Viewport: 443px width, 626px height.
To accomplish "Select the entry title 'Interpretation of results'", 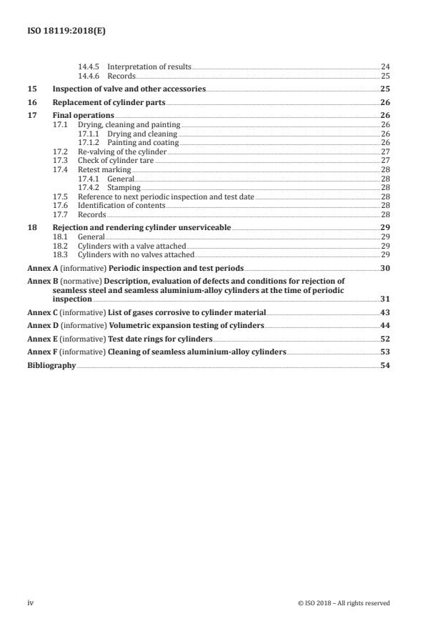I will click(149, 66).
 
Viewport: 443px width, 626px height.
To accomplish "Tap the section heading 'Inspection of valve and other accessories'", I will click(129, 89).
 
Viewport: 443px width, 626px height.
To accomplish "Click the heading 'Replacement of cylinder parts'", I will click(109, 102).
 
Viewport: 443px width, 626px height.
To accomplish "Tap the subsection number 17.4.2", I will click(89, 187).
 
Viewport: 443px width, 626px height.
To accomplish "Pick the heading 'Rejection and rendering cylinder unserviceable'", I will click(141, 227).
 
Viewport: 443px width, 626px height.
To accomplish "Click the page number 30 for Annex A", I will click(384, 267).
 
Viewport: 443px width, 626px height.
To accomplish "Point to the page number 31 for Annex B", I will click(384, 299).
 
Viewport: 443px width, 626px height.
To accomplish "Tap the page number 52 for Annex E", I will click(384, 339).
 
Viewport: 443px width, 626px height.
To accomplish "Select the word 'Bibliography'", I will click(51, 365).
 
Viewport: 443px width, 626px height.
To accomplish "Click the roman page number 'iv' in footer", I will click(31, 602).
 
